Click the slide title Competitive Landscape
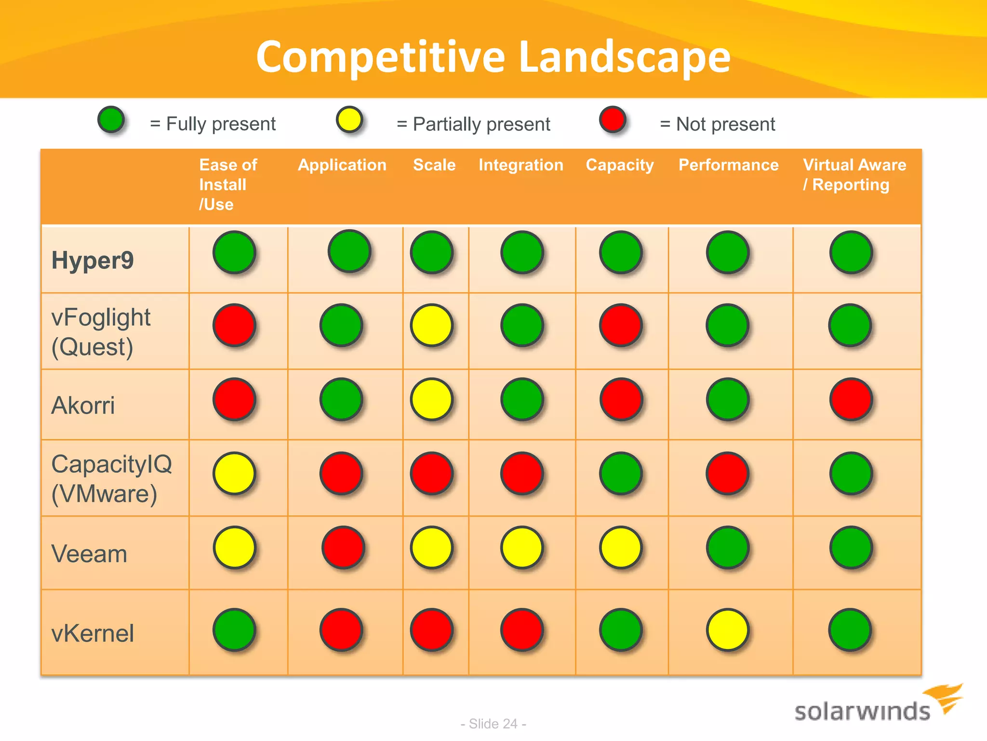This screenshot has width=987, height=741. (x=493, y=57)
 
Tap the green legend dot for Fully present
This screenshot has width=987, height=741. (x=111, y=120)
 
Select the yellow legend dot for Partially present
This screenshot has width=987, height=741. (x=349, y=120)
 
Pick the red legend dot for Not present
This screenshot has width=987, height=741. (x=613, y=120)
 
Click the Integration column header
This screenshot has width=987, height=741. (x=520, y=165)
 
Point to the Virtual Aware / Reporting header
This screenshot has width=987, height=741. (x=854, y=175)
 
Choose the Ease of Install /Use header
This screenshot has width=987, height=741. (x=228, y=184)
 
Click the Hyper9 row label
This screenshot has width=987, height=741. (x=93, y=261)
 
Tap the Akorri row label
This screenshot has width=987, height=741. (x=83, y=405)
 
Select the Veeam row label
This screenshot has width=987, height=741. (x=89, y=553)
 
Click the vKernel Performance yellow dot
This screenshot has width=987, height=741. (x=727, y=630)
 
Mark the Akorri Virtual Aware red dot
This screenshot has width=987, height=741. (x=851, y=399)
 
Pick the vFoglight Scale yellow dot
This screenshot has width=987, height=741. (x=431, y=325)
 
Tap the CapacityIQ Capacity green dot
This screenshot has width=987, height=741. (x=621, y=473)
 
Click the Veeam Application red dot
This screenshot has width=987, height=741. (x=343, y=547)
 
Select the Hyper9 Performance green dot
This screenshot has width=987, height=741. (x=727, y=252)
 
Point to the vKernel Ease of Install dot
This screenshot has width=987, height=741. (x=234, y=630)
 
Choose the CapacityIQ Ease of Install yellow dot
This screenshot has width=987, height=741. (x=234, y=473)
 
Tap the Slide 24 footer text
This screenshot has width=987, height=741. (x=493, y=724)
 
